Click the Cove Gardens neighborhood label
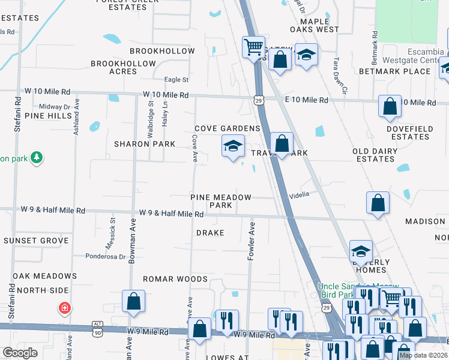pyautogui.click(x=227, y=129)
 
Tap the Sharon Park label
pyautogui.click(x=145, y=144)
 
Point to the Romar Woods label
pyautogui.click(x=175, y=279)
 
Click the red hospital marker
pyautogui.click(x=64, y=308)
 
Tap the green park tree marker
pyautogui.click(x=37, y=158)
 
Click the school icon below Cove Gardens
pyautogui.click(x=233, y=146)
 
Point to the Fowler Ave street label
pyautogui.click(x=252, y=241)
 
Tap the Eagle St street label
pyautogui.click(x=176, y=80)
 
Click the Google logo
pyautogui.click(x=20, y=353)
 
